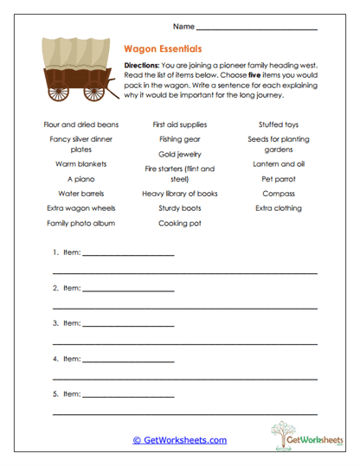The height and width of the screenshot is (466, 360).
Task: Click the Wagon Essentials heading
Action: point(164,50)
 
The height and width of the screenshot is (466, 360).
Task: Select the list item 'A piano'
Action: point(81,179)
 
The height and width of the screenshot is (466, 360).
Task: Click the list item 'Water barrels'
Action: point(81,194)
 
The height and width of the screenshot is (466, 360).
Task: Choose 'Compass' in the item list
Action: point(279,194)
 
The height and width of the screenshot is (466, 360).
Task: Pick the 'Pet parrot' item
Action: point(279,179)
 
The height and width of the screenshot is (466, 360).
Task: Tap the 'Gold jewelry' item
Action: point(180,152)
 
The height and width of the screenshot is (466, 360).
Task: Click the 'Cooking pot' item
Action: point(180,222)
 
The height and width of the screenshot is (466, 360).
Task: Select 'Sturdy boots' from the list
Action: point(180,208)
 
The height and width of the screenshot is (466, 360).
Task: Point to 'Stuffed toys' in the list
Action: point(279,124)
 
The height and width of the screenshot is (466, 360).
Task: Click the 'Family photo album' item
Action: point(81,222)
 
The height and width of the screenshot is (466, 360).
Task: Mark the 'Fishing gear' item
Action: point(180,138)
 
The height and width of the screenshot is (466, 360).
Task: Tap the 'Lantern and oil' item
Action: point(279,163)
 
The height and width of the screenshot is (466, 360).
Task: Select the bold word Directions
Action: point(143,66)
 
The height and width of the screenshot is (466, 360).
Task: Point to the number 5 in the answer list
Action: point(55,393)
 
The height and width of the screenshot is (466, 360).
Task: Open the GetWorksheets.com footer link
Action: point(180,440)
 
